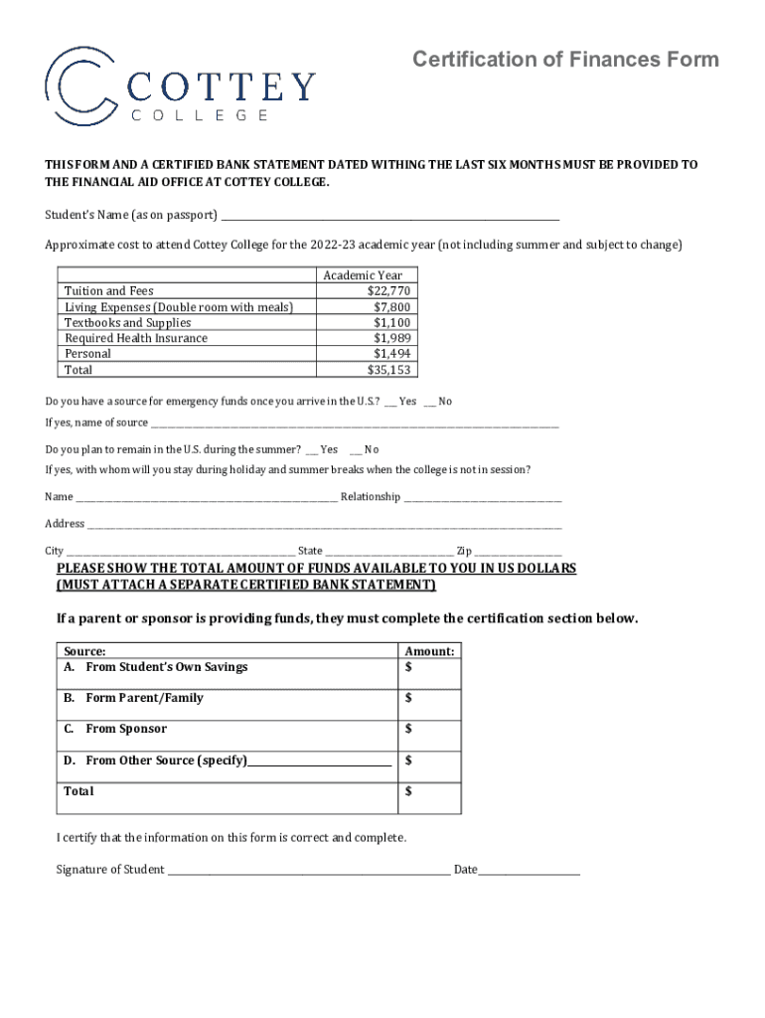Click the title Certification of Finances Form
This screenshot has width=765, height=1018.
point(565,60)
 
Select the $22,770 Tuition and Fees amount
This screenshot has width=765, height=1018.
point(388,291)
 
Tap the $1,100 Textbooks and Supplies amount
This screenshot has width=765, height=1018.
point(391,323)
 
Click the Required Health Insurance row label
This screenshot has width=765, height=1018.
point(136,338)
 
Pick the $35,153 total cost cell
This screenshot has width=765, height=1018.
point(388,370)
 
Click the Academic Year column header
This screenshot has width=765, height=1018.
point(363,275)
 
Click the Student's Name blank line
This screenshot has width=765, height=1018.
point(389,217)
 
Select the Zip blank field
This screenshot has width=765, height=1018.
point(517,551)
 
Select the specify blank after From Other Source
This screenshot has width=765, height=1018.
point(319,762)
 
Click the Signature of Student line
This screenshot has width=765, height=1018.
point(308,870)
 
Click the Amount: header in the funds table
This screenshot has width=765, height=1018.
point(429,651)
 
